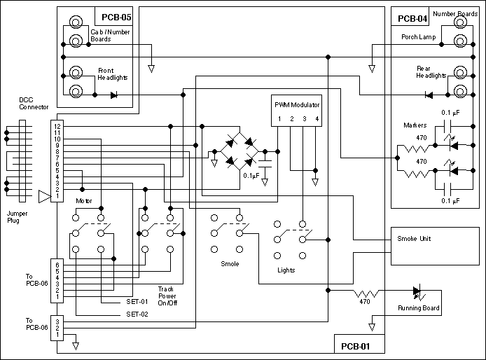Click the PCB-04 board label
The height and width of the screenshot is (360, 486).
[412, 18]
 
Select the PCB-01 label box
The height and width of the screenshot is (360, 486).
[356, 346]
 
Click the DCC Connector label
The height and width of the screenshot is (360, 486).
[34, 104]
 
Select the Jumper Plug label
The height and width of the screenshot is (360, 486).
[17, 216]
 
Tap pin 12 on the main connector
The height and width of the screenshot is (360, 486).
[57, 125]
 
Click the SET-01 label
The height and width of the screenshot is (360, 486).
[137, 303]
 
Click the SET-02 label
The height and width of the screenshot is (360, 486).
[137, 314]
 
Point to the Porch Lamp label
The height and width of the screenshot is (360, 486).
[419, 36]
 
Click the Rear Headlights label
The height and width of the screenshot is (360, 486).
[431, 72]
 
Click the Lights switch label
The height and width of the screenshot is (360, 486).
[286, 270]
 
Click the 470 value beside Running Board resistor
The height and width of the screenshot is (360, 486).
[364, 302]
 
